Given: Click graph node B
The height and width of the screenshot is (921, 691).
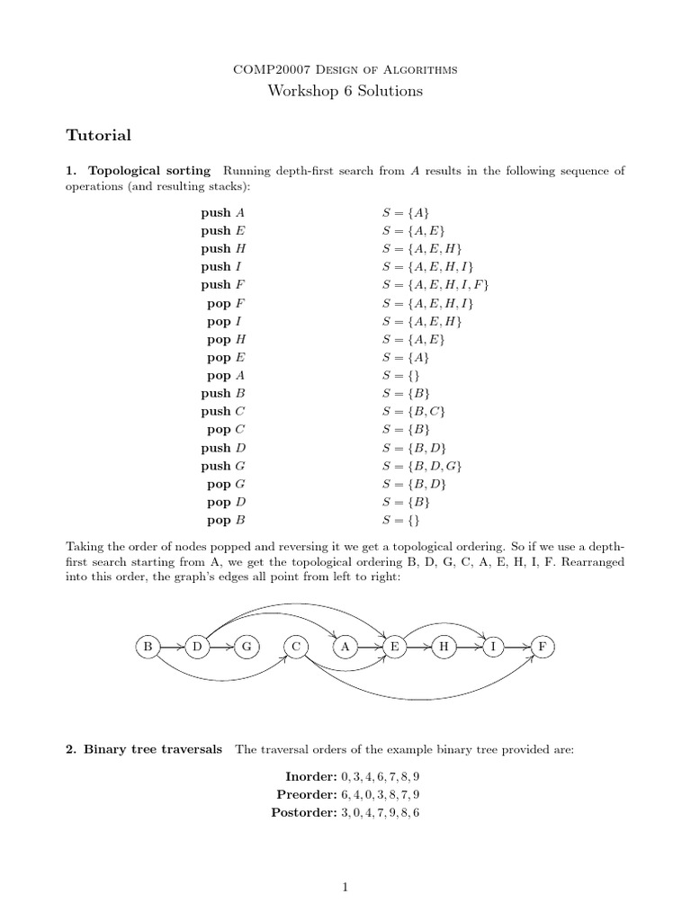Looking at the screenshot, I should [x=147, y=647].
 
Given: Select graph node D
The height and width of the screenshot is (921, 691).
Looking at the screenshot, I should [x=196, y=647].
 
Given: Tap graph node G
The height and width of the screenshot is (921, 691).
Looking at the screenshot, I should [x=246, y=647].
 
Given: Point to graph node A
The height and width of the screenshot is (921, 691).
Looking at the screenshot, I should [x=345, y=647].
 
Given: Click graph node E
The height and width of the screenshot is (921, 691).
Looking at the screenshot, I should [x=394, y=647].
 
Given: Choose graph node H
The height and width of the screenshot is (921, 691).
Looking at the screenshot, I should [x=444, y=647].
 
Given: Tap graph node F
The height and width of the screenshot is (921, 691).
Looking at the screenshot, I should [x=543, y=647].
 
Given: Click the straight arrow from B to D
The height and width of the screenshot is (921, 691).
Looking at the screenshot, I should [x=171, y=647].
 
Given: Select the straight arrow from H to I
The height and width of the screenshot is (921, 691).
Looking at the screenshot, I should [x=468, y=647].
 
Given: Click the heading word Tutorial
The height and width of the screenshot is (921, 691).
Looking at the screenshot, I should [x=99, y=136].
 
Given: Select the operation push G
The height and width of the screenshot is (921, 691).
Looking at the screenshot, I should [x=222, y=466].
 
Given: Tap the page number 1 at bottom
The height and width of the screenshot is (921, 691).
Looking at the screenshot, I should [x=345, y=888].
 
